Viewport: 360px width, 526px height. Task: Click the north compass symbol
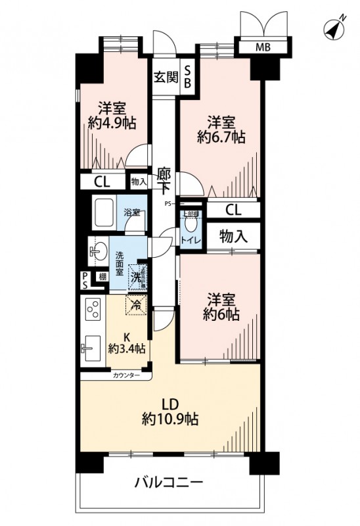pos(334,30)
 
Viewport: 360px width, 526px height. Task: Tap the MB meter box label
pos(262,47)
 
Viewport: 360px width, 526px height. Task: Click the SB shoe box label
pos(187,77)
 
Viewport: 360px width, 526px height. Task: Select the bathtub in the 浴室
pos(105,212)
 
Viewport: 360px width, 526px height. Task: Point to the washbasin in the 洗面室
pos(99,251)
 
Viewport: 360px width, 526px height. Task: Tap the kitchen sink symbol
pos(91,346)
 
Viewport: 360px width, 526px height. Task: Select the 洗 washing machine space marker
pos(135,277)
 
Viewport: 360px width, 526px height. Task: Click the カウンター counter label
pos(125,375)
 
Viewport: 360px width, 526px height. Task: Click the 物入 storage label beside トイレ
pos(233,235)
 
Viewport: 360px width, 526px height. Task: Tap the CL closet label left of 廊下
pos(102,182)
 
